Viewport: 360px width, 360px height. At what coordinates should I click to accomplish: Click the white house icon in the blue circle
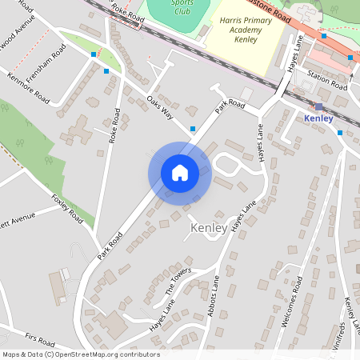coord(180,172)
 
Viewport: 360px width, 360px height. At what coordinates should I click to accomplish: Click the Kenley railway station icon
coord(319,106)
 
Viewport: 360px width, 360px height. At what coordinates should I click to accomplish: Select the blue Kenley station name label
coord(318,118)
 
